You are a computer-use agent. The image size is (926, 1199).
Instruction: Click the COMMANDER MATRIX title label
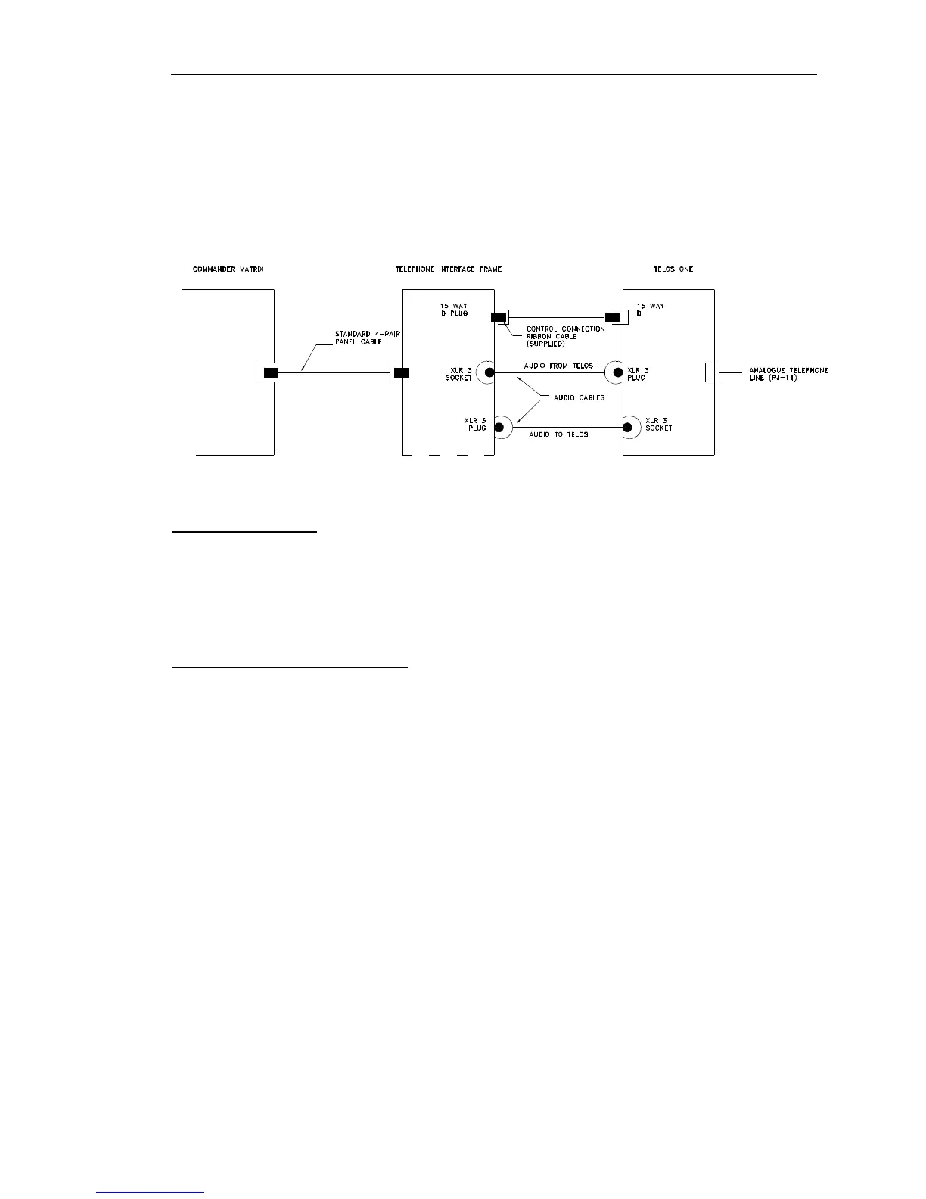tap(228, 269)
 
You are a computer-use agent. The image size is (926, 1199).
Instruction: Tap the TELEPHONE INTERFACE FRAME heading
tap(448, 269)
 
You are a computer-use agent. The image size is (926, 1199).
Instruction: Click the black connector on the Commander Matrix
tap(270, 372)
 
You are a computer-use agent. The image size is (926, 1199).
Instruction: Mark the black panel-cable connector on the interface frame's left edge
tap(402, 372)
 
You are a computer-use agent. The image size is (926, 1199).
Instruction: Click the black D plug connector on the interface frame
tap(499, 317)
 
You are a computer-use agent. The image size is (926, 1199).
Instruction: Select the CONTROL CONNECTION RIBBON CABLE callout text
tap(565, 336)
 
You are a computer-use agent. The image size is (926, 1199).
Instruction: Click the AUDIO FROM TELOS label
tap(558, 366)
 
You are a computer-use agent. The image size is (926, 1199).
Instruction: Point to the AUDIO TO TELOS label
tap(558, 434)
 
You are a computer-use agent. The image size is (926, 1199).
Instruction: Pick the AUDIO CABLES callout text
tap(579, 397)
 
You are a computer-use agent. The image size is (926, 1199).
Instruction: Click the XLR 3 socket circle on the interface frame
tap(489, 372)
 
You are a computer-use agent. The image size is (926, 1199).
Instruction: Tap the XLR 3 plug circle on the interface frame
tap(499, 428)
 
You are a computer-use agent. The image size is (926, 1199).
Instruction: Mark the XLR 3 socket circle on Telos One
tap(628, 428)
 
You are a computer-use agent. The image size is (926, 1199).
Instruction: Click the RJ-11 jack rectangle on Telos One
tap(710, 372)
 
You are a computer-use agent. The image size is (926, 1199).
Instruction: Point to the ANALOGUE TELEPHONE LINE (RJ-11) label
tap(788, 374)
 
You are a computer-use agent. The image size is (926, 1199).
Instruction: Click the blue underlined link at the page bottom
tap(151, 1193)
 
